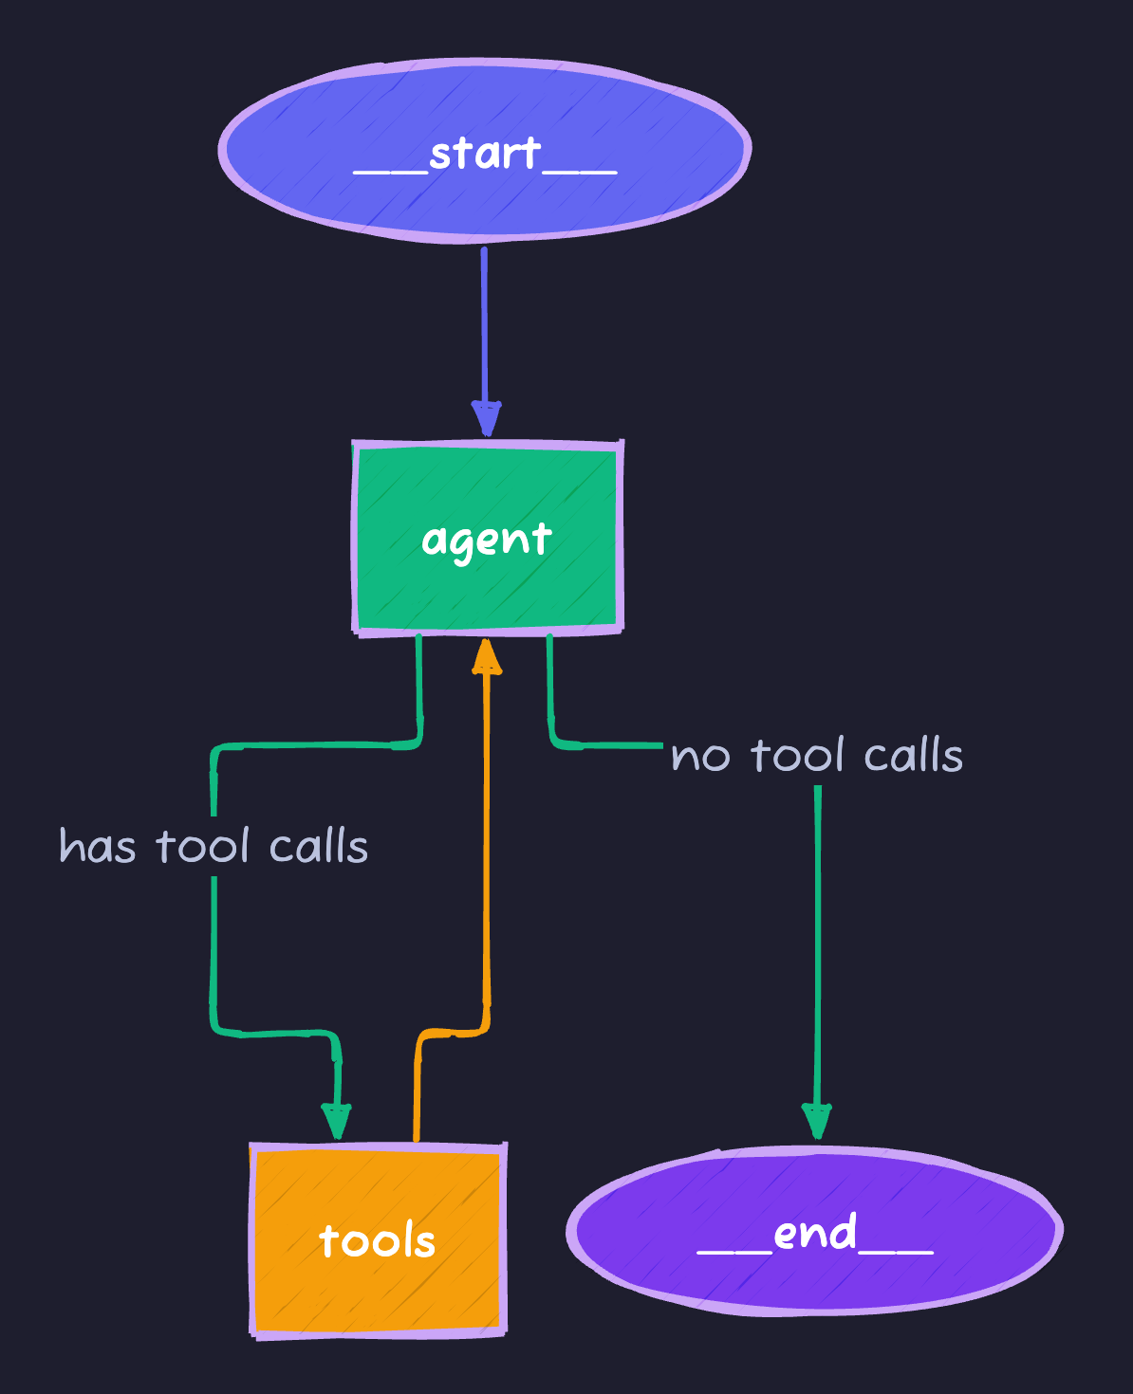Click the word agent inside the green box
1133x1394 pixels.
click(487, 541)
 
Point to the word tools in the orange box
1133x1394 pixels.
click(377, 1241)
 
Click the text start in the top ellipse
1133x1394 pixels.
click(485, 154)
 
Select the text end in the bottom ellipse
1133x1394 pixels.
click(815, 1233)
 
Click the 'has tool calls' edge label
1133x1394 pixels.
click(214, 846)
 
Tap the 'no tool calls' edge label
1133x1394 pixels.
click(817, 756)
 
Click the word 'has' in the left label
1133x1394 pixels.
click(97, 846)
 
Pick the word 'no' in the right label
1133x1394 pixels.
click(700, 757)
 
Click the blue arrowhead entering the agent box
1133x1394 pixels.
click(486, 417)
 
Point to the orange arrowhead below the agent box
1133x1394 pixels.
click(487, 657)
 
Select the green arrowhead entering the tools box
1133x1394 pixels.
click(336, 1120)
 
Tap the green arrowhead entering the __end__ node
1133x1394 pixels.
click(817, 1120)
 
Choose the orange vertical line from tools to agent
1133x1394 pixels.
click(487, 853)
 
